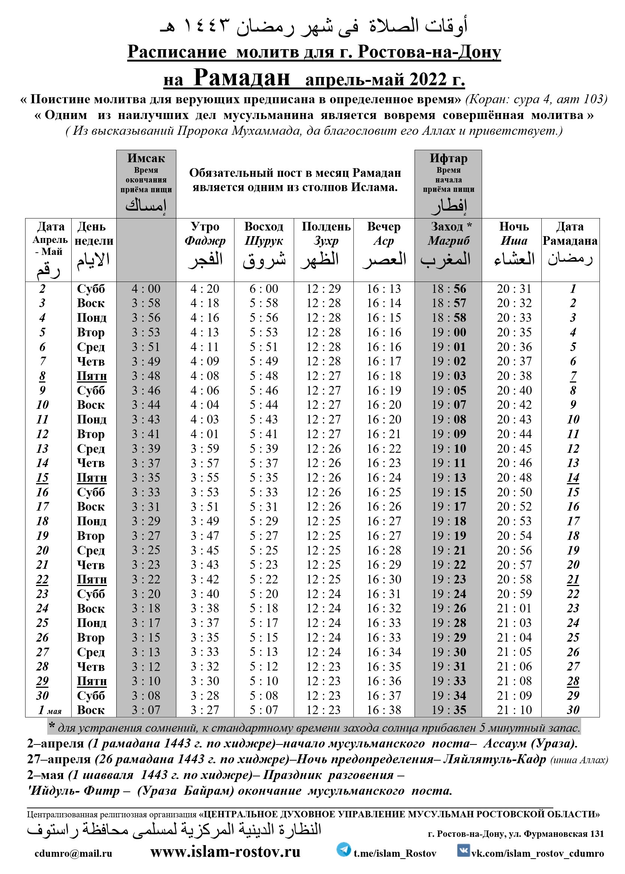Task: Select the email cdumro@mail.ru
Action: click(73, 853)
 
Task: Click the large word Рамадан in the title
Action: click(242, 77)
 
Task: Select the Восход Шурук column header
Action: click(264, 233)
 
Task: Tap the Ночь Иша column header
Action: click(514, 233)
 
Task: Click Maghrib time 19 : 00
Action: click(448, 332)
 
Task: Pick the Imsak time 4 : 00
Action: click(146, 288)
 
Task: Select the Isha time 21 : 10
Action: click(514, 710)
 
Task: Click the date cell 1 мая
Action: click(49, 710)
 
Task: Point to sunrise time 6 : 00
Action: click(264, 288)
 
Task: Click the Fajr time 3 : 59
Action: click(205, 448)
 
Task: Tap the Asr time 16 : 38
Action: click(384, 710)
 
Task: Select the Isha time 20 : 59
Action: click(514, 594)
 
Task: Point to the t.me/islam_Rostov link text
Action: click(395, 853)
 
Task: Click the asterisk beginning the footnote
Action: click(51, 726)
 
